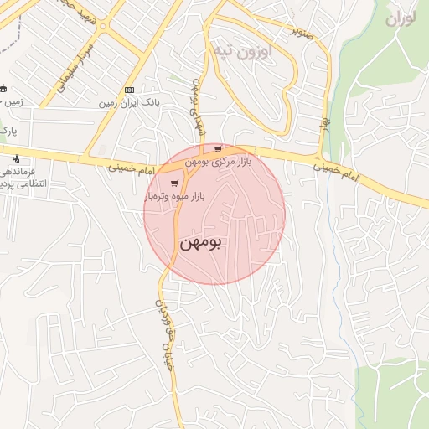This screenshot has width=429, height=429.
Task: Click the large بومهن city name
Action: coord(202,244)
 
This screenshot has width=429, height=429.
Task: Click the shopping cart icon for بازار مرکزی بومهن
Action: coord(217,149)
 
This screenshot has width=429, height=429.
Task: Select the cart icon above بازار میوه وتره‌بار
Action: coord(174,183)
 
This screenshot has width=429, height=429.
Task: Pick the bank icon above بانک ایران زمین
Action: coord(129,90)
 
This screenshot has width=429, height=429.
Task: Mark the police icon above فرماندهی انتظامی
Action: coord(16,158)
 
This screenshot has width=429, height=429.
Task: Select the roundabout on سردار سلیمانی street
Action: coord(104,27)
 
